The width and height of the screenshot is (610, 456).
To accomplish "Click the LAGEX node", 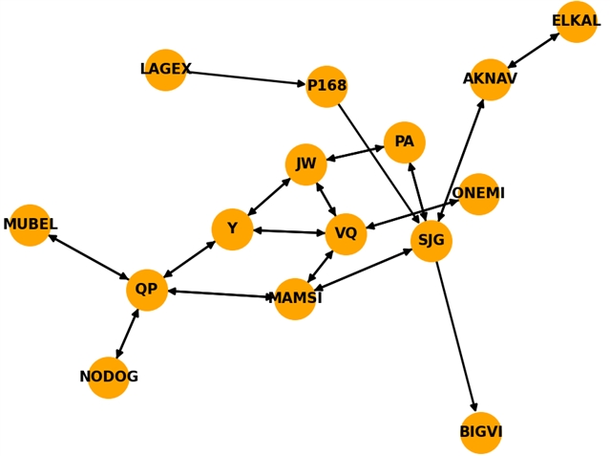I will point(165,70).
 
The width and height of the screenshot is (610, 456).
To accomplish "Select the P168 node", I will point(326,86).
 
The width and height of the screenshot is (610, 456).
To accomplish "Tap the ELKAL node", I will point(576,21).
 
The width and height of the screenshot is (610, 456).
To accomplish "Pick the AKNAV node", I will point(490,79).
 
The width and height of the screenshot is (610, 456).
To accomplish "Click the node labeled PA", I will point(404,142).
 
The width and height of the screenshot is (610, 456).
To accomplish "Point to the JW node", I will point(305,164).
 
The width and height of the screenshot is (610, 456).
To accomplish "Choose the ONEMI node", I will point(478,194).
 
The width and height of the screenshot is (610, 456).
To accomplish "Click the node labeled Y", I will point(232,229).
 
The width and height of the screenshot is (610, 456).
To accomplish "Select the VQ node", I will point(346,234).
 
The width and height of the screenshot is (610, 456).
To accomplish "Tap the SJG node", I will point(431,240).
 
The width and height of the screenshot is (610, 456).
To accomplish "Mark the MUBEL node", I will point(30,225).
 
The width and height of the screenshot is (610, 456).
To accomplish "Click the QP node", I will point(146,290).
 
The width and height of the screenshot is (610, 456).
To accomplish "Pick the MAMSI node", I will point(295,298).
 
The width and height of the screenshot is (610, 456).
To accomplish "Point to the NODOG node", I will point(108,377).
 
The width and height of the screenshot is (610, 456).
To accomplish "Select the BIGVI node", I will point(480,432).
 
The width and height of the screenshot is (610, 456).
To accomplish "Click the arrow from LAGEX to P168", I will point(245,78).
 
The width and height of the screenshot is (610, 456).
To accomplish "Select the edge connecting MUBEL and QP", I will point(88,257).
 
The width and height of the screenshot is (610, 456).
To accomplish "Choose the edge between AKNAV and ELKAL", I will point(533,51).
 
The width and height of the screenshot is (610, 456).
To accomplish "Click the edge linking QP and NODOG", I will point(127,334).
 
